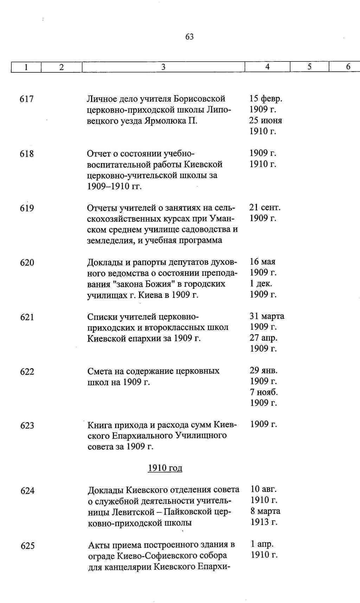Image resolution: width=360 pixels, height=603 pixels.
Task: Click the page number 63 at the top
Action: click(x=189, y=37)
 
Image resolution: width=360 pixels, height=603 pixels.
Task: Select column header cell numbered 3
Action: click(x=163, y=67)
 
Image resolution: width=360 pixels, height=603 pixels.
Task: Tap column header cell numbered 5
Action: click(x=309, y=67)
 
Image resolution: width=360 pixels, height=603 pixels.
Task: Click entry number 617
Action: click(x=27, y=99)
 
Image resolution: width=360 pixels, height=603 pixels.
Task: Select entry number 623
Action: click(x=27, y=426)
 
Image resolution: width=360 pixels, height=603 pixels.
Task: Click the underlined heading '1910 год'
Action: click(x=165, y=468)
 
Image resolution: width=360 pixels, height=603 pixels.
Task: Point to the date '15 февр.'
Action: click(x=266, y=99)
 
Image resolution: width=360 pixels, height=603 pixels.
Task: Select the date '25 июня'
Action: click(x=265, y=121)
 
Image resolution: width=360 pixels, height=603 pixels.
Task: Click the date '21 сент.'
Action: click(x=265, y=208)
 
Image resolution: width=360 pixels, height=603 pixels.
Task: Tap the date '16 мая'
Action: click(x=263, y=262)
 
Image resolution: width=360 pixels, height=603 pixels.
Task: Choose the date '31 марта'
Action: click(x=267, y=316)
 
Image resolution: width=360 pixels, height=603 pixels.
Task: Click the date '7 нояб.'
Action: click(x=264, y=392)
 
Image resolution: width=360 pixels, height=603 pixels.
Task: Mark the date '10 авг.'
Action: click(x=264, y=489)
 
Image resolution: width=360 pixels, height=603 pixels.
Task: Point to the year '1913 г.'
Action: click(x=264, y=522)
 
